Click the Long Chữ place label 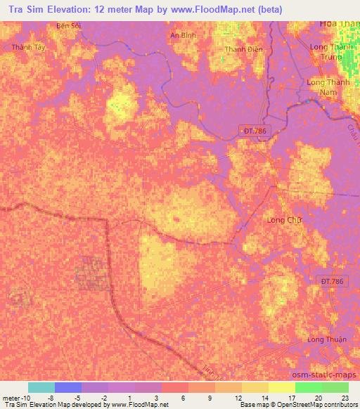coord(283,220)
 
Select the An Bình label coord(183,34)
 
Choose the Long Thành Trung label coord(329,52)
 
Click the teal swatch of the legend coord(41,387)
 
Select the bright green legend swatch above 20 coord(308,387)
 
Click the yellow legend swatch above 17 coord(281,387)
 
